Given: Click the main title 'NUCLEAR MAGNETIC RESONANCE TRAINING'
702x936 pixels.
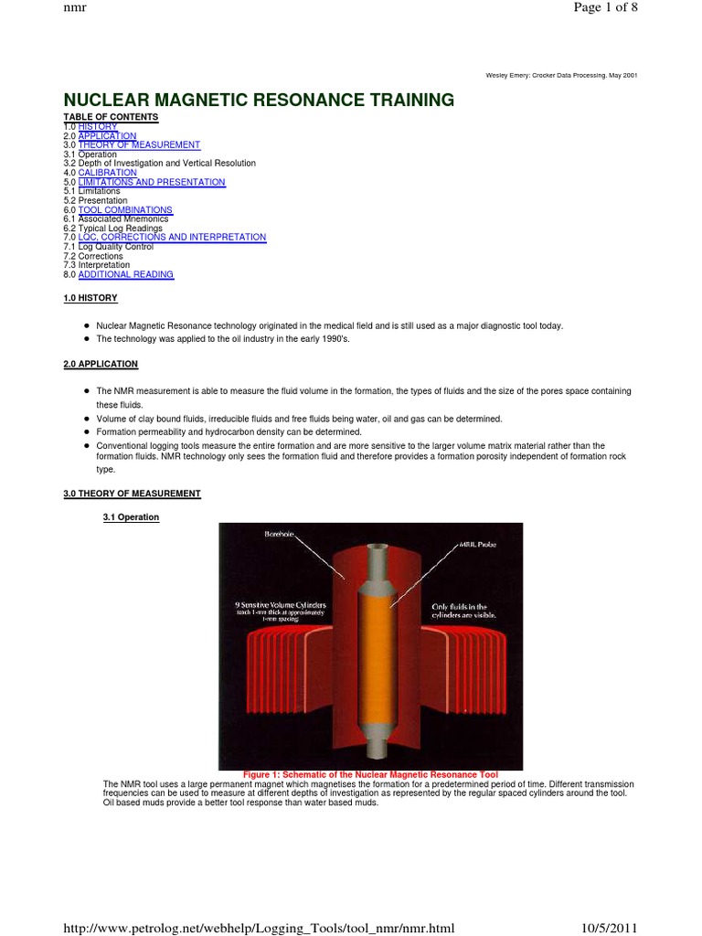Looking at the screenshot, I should (258, 99).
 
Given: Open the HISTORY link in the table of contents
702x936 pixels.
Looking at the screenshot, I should (97, 126).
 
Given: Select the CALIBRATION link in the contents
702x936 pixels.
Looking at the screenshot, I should (107, 173).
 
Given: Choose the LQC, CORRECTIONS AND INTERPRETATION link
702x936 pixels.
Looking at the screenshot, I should (172, 238).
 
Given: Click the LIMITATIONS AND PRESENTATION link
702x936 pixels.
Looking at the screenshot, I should (151, 182).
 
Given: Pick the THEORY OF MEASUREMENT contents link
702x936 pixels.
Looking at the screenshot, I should (139, 145).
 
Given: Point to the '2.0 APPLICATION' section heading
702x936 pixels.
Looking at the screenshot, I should (101, 364).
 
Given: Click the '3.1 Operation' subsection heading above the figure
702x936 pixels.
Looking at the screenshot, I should (131, 517).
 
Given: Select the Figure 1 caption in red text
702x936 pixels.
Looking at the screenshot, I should (370, 775).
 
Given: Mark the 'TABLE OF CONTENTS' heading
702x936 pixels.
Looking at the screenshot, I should (111, 117).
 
